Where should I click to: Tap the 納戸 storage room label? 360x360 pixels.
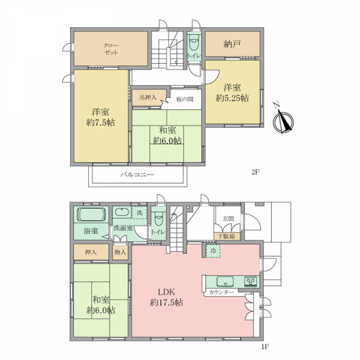[x=232, y=44]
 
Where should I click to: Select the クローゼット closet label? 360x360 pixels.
[x=111, y=49]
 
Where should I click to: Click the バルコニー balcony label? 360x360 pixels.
[x=137, y=175]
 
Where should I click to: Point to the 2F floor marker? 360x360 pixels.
[x=256, y=172]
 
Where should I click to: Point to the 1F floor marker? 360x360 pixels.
[x=265, y=347]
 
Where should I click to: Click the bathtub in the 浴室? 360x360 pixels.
[x=91, y=215]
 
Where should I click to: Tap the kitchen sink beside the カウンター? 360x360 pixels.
[x=225, y=282]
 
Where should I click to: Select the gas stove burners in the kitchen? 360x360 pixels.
[x=251, y=281]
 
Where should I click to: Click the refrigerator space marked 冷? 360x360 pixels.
[x=213, y=251]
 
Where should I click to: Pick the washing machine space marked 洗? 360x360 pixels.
[x=140, y=213]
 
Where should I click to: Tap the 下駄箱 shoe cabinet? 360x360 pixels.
[x=227, y=236]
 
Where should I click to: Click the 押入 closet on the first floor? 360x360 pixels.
[x=91, y=252]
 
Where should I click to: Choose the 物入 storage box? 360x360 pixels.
[x=121, y=252]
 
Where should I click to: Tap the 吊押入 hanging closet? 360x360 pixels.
[x=149, y=98]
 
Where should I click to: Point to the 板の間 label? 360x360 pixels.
[x=185, y=100]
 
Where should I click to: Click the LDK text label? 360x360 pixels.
[x=166, y=292]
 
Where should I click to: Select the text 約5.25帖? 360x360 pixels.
[x=232, y=98]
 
